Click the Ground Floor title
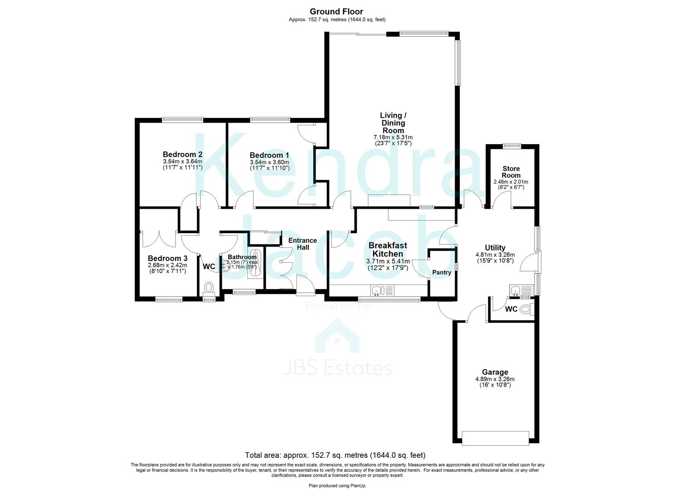[x=336, y=11]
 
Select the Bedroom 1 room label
[x=269, y=155]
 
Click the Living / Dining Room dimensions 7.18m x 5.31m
[x=393, y=137]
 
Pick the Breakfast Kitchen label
[x=388, y=250]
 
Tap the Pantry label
[x=441, y=273]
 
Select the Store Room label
[x=511, y=172]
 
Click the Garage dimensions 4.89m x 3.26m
[x=495, y=379]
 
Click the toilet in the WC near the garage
[x=525, y=310]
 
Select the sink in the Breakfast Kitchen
[x=378, y=290]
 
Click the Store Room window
[x=512, y=146]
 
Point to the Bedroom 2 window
[x=183, y=120]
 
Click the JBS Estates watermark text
[x=337, y=368]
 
